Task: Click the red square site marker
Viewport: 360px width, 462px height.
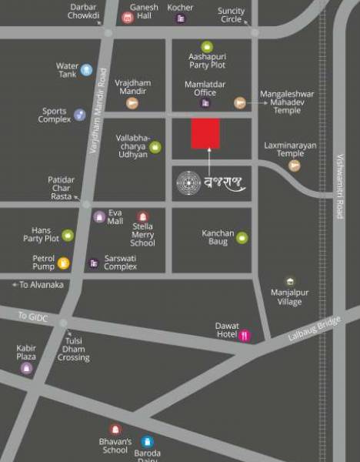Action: tap(205, 134)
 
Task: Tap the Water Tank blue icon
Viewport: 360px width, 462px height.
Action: tap(86, 70)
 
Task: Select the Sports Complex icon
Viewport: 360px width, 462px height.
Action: tap(79, 115)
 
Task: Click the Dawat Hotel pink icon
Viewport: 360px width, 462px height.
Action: tap(245, 335)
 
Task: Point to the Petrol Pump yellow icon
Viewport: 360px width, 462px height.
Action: tap(63, 263)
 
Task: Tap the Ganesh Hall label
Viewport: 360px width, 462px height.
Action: tap(144, 12)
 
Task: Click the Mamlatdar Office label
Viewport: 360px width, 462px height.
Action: tap(200, 88)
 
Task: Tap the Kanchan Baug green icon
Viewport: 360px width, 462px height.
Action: tap(242, 237)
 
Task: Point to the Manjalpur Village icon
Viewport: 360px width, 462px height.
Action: tap(290, 282)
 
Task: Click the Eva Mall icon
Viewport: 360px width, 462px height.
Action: tap(99, 216)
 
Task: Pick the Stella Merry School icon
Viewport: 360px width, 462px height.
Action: tap(142, 217)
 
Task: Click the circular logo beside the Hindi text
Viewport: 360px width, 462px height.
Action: tap(189, 182)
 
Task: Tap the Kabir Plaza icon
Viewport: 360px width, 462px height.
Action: tap(27, 368)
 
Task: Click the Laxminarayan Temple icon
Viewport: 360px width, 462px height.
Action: tap(293, 166)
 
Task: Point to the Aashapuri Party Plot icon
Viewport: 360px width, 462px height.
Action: tap(206, 48)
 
